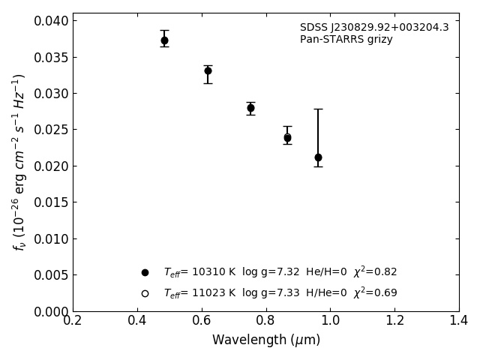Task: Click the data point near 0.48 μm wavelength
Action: click(164, 40)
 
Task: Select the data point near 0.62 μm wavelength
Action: click(208, 71)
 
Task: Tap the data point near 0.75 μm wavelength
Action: click(250, 108)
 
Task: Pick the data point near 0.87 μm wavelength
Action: click(287, 138)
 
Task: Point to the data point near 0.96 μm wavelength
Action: click(318, 157)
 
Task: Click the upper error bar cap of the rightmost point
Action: click(318, 109)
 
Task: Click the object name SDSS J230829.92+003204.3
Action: click(374, 28)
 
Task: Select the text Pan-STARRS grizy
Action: click(346, 40)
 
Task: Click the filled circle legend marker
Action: click(145, 272)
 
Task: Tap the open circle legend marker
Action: click(145, 293)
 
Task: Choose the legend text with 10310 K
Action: click(280, 272)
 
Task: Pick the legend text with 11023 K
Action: click(280, 293)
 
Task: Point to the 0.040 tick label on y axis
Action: click(51, 21)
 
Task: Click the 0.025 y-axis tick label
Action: click(51, 130)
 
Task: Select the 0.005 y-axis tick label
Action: click(51, 275)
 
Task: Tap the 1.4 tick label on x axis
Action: click(459, 321)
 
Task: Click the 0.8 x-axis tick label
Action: click(266, 321)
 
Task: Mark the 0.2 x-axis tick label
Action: click(73, 321)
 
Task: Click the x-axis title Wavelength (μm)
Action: click(266, 340)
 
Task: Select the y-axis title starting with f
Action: click(19, 162)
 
